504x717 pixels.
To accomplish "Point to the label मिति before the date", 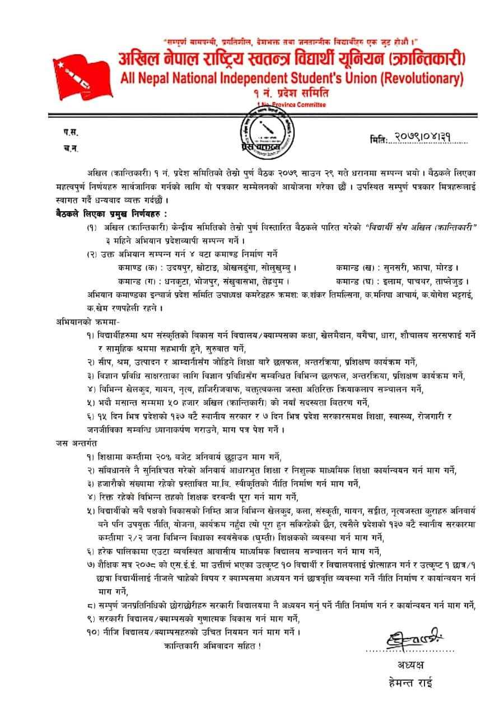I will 379,139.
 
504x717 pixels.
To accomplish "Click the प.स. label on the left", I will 71,132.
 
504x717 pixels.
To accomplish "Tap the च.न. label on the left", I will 71,148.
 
